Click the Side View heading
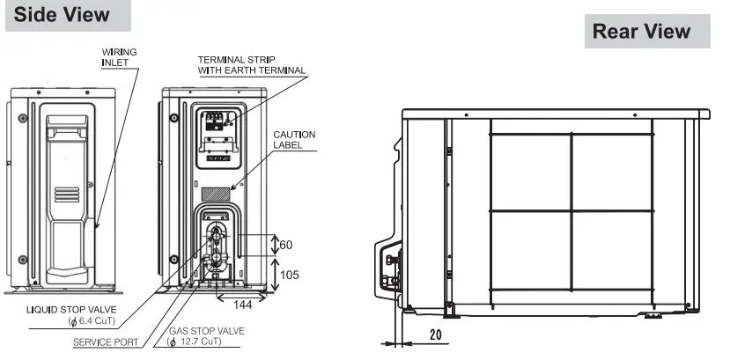(63, 15)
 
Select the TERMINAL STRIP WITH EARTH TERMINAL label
(251, 65)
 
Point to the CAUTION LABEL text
(294, 139)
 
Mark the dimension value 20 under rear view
(434, 335)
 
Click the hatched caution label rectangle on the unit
(217, 192)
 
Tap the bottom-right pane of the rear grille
(612, 251)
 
